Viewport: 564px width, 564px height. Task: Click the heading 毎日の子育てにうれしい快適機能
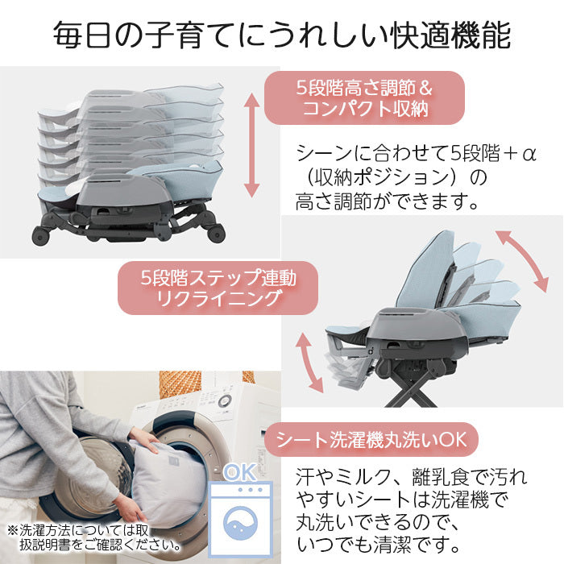coord(282,35)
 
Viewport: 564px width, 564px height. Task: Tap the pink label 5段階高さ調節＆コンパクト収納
coord(364,97)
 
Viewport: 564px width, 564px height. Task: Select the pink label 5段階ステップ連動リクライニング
coord(218,288)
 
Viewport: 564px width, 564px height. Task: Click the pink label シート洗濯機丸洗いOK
coord(371,440)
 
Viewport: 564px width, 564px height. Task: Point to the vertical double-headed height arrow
coord(251,145)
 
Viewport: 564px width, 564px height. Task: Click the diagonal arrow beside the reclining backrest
coord(522,261)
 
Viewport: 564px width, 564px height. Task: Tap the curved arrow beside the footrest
coord(309,363)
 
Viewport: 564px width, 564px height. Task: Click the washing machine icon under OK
coord(241,518)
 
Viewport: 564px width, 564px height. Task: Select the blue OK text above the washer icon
coord(240,472)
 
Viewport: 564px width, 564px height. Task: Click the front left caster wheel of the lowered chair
coord(40,236)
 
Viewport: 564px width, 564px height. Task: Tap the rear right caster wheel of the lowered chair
coord(217,234)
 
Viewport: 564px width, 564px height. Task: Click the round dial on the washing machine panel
coord(225,400)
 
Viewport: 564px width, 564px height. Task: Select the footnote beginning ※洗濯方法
coord(94,537)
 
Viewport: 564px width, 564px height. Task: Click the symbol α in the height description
coord(529,154)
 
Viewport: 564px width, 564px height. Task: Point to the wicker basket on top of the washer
coord(180,384)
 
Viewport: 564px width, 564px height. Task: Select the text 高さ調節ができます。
coord(387,201)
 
